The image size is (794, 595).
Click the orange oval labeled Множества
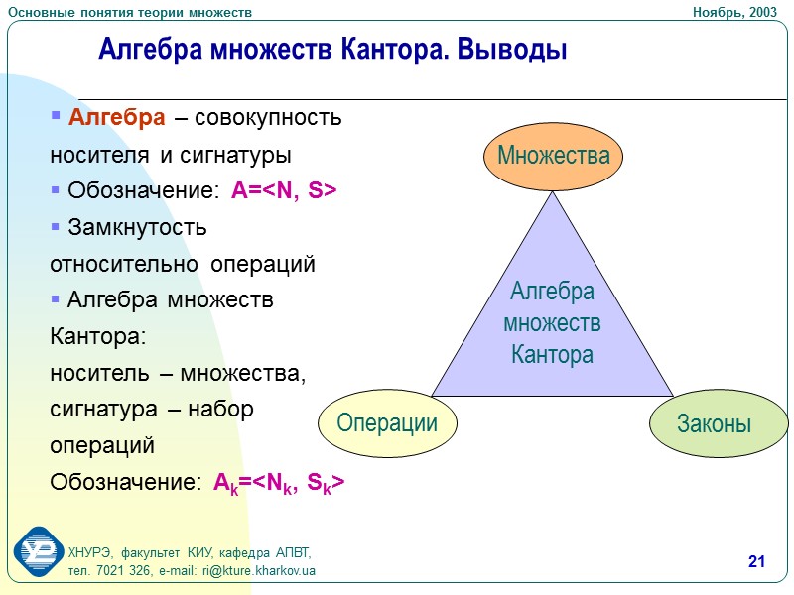pos(553,156)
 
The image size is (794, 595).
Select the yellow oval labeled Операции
pos(387,423)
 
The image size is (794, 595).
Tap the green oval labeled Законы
pos(714,423)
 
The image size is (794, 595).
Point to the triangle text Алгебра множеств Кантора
pos(553,323)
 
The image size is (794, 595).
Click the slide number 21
pos(756,563)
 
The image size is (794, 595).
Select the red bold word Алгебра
pos(116,118)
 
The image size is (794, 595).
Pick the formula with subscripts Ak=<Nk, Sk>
pos(279,483)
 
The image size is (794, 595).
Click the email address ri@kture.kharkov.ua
pos(258,571)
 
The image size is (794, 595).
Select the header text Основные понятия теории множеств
pos(130,11)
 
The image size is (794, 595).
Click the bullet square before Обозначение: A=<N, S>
pos(56,189)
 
